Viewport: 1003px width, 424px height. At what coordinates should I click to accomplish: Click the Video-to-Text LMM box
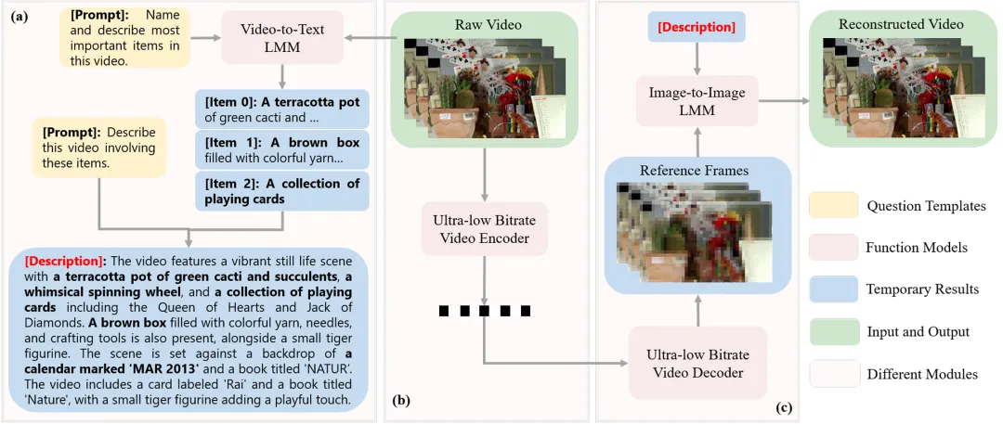coord(282,39)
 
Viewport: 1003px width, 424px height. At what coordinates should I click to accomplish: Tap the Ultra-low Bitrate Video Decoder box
coord(697,363)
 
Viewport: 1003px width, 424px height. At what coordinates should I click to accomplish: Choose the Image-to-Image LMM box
coord(697,101)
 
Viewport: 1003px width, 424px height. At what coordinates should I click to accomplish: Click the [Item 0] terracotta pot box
coord(282,109)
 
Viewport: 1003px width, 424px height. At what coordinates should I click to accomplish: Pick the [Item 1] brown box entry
coord(282,150)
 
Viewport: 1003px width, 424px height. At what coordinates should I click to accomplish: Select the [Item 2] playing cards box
coord(282,191)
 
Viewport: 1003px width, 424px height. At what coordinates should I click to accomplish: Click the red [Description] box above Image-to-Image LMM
coord(697,28)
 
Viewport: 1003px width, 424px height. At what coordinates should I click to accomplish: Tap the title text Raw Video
coord(484,26)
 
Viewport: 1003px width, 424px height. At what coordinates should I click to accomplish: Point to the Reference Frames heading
coord(697,171)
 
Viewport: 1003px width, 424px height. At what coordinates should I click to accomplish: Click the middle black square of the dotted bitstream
coord(484,312)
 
